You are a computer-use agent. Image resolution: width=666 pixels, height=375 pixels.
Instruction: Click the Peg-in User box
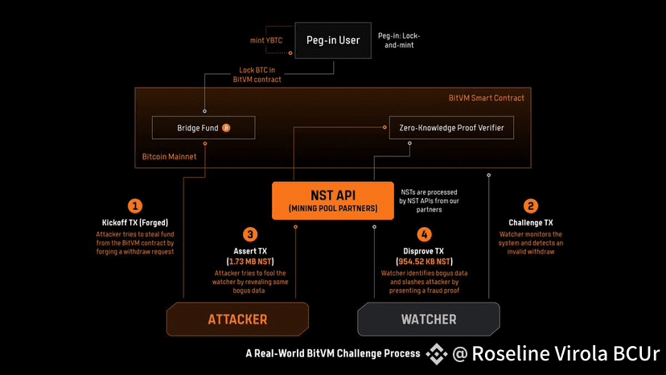coord(332,40)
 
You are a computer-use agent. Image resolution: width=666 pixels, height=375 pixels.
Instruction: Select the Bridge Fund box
coord(203,127)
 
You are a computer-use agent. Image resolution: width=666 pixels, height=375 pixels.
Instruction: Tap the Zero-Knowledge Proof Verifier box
coord(450,127)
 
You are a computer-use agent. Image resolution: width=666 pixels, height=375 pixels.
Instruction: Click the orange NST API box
coord(332,200)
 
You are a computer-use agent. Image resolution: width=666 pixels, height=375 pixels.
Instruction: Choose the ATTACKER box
coord(237,319)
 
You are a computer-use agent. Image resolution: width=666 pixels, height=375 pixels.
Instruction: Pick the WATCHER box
coord(429,319)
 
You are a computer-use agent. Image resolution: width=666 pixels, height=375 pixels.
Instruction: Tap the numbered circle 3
coord(250,234)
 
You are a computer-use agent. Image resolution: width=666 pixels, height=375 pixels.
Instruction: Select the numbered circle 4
coord(425,234)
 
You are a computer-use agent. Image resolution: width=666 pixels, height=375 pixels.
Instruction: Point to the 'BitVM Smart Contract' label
coord(486,98)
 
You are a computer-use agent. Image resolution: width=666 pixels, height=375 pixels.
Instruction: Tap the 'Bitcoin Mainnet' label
coord(168,157)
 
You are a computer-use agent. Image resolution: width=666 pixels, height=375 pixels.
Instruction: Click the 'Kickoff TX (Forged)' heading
coord(136,222)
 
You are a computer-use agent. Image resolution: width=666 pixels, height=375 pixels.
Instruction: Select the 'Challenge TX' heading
coord(530,222)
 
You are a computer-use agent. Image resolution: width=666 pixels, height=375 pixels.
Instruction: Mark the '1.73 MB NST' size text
coord(250,262)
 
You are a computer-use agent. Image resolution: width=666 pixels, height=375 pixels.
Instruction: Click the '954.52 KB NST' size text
coord(425,262)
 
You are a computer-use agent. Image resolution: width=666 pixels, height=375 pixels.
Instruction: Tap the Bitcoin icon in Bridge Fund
coord(226,127)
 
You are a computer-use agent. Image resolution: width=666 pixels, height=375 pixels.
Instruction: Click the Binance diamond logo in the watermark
coord(437,353)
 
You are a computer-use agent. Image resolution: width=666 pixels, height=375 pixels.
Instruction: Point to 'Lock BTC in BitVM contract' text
coord(261,74)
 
